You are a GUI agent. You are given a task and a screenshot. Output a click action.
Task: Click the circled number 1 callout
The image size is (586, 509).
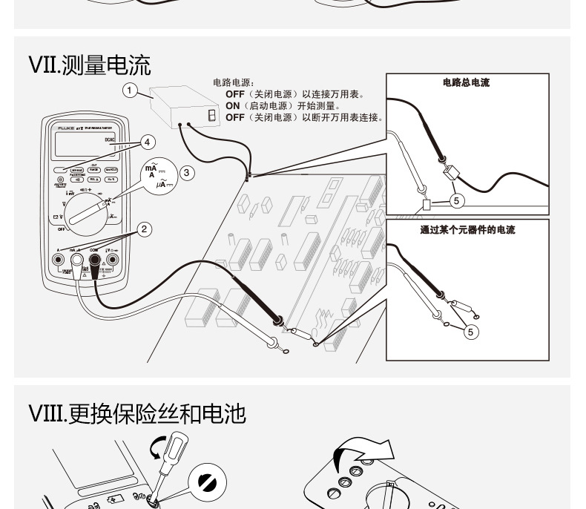pos(131,91)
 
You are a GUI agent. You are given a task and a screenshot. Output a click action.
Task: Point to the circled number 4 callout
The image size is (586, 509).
pos(147,141)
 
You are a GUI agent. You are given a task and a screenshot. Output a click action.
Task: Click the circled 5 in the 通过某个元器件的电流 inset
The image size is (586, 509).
pos(470,332)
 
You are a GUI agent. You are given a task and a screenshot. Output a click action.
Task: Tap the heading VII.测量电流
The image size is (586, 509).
pos(90,65)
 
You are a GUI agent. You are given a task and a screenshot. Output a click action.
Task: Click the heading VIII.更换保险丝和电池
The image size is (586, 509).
pos(137,413)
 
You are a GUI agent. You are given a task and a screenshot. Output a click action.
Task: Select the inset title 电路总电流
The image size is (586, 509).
pos(466,83)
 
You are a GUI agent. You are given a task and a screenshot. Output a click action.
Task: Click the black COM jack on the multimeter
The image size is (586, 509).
pos(95,260)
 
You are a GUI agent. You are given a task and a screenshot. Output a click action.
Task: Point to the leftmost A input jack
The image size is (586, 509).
pos(58,260)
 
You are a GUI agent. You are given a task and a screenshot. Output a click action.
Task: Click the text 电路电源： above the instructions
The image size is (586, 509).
pos(234,83)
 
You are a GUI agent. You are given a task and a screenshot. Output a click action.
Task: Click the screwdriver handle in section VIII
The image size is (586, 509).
pos(173,450)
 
